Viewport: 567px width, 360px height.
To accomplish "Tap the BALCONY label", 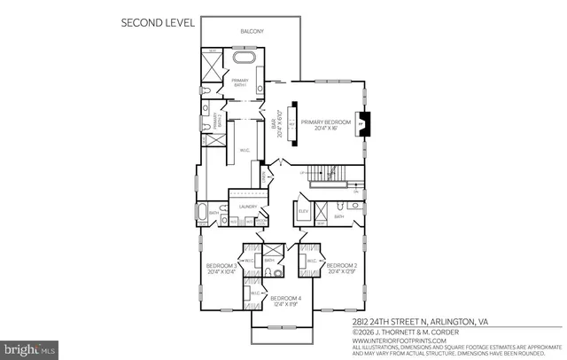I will [x=252, y=32].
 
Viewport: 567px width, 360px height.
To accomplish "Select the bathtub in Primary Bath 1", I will [x=245, y=60].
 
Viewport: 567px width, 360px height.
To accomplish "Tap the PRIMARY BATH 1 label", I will [x=240, y=83].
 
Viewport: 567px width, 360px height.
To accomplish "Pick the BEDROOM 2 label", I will [x=341, y=268].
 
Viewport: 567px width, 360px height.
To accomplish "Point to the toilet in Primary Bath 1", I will [x=206, y=91].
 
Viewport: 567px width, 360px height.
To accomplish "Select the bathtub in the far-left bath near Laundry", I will [x=201, y=213].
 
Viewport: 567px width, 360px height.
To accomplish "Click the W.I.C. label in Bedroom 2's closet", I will [x=312, y=262].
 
